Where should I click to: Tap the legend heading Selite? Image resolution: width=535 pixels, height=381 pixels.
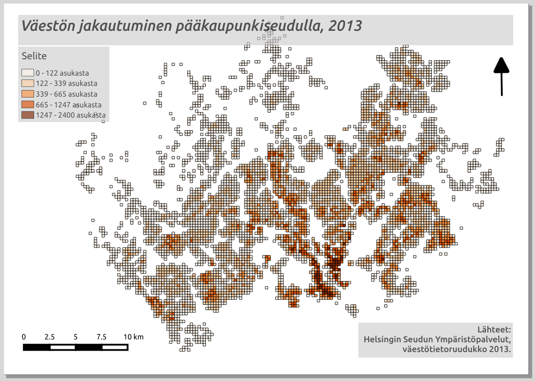[x=34, y=56]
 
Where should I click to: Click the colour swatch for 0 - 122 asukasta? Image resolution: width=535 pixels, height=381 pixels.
[x=28, y=73]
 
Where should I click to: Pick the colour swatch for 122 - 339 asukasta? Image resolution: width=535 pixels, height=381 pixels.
[x=28, y=84]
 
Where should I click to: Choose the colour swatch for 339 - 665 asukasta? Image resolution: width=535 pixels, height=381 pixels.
[x=28, y=94]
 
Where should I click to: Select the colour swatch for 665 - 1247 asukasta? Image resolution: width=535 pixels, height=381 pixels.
[x=28, y=105]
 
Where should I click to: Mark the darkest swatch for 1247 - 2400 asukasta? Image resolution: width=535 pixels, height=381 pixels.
[x=28, y=115]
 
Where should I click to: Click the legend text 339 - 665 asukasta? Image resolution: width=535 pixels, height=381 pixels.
[x=66, y=94]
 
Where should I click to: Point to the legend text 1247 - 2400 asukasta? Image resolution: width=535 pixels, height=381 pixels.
[x=70, y=115]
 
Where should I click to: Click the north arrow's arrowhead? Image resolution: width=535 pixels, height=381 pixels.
[x=501, y=65]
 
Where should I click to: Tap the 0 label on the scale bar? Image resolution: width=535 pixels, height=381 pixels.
[x=24, y=337]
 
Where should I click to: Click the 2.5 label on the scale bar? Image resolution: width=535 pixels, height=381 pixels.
[x=50, y=337]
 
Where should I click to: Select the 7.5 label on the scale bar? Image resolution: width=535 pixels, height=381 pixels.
[x=101, y=337]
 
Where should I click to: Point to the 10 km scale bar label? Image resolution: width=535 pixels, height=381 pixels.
[x=133, y=337]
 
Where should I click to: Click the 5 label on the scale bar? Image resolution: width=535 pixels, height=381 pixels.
[x=76, y=337]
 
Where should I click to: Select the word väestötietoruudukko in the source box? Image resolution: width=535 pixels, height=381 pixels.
[x=444, y=349]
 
